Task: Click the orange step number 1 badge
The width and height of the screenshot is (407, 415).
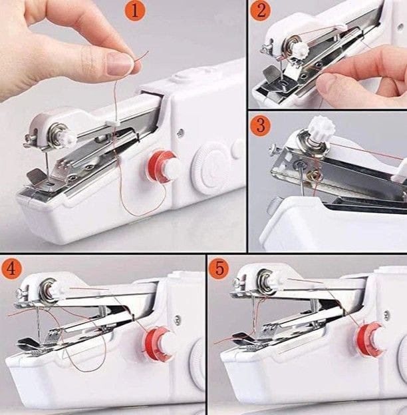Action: tap(135, 11)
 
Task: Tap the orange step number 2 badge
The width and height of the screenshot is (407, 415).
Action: tap(261, 11)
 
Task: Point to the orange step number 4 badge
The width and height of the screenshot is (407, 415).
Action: tap(11, 268)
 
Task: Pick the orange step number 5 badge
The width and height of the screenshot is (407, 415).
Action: tap(219, 268)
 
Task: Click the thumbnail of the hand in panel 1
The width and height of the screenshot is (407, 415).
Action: tap(120, 64)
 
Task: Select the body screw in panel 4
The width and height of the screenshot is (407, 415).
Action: tap(178, 320)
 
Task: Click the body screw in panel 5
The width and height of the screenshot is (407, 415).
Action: tap(386, 314)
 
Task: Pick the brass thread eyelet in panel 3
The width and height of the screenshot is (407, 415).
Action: tap(314, 175)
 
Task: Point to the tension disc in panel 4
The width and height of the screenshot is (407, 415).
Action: tap(48, 290)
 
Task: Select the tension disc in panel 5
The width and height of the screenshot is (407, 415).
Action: tap(265, 282)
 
